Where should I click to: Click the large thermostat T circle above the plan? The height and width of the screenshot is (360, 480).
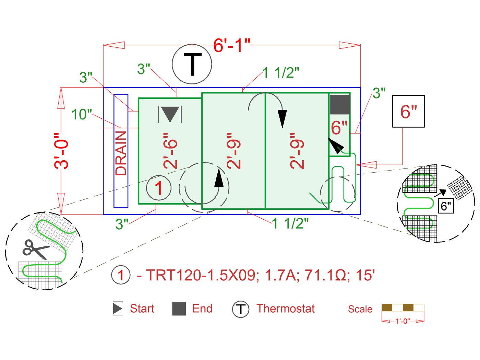coord(192,64)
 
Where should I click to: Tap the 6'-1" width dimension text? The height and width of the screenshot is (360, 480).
coord(232,45)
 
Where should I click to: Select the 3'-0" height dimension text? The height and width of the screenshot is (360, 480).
coord(62,151)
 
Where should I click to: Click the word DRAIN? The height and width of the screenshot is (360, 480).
coord(121,153)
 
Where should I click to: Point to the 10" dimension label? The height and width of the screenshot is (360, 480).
coord(82,115)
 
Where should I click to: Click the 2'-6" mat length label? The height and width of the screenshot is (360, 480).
coord(170,151)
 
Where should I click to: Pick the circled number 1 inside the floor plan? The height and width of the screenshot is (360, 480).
coord(158,188)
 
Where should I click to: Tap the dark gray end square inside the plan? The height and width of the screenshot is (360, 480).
coord(340,105)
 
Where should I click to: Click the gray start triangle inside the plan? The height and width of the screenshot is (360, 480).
coord(170,114)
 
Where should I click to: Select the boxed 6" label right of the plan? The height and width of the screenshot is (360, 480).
coord(408,112)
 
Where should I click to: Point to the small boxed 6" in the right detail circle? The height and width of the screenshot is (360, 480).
coord(446,206)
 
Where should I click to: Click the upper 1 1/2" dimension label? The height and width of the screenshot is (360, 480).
coord(281,73)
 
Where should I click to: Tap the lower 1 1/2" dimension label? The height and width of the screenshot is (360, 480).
coord(290,223)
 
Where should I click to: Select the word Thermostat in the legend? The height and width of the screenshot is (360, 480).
coord(286,309)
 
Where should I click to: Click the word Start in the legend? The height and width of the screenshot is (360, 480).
coord(142,309)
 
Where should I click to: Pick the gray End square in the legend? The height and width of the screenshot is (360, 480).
coord(179,309)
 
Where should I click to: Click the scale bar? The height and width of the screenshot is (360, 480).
coord(403,307)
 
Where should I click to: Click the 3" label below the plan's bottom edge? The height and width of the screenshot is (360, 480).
coord(122,224)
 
